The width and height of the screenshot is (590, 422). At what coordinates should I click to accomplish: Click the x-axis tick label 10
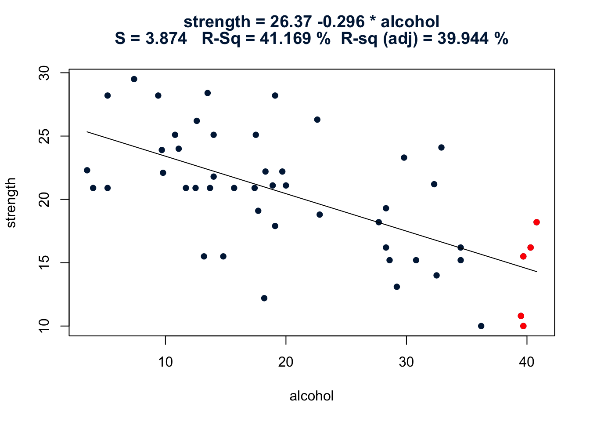tap(165, 362)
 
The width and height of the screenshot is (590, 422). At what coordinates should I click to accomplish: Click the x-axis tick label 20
tap(286, 362)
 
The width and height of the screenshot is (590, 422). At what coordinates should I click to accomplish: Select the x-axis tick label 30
tap(407, 362)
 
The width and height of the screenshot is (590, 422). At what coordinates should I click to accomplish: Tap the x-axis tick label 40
tap(527, 362)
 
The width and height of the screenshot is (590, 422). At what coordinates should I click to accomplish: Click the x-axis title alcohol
tap(312, 396)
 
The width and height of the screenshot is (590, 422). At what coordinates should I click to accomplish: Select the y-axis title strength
tap(11, 203)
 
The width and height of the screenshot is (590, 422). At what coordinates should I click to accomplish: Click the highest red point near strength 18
tap(536, 222)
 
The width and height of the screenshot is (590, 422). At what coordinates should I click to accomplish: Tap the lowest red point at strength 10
tap(523, 326)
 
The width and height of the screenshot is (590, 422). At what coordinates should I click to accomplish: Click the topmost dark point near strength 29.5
tap(134, 79)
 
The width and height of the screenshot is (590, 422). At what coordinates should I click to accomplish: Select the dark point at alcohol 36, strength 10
tap(481, 326)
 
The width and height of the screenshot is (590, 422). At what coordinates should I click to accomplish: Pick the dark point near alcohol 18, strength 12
tap(264, 298)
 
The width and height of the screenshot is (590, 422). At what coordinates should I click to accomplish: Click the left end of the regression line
tap(87, 131)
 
